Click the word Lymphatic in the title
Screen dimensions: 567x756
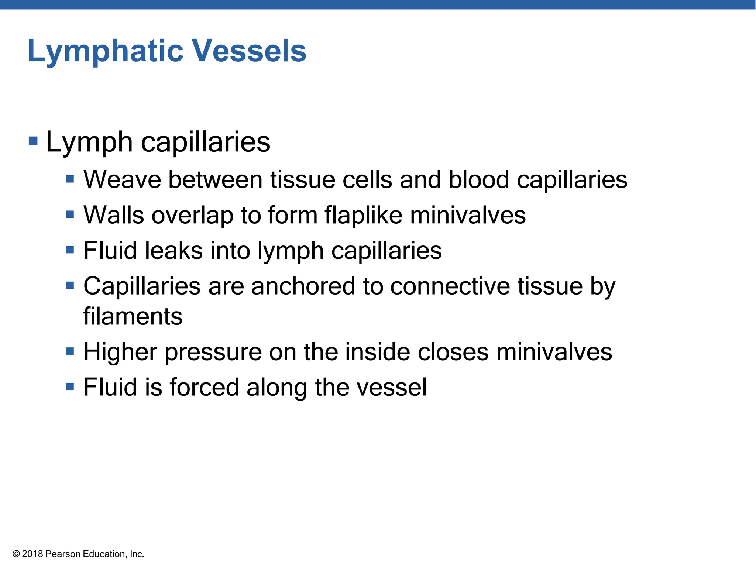105,51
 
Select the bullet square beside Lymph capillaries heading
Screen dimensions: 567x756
33,141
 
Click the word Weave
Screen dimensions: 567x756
122,180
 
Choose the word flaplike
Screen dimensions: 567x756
363,215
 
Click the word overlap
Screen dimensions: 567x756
192,216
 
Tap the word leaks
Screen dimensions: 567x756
173,250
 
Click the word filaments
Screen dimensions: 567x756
133,316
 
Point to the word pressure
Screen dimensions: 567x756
213,352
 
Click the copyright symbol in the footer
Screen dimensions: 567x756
16,554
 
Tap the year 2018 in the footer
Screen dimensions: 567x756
32,554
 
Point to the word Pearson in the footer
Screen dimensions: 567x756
63,554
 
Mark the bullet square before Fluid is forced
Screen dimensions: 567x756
70,386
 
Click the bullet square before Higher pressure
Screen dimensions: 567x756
70,351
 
